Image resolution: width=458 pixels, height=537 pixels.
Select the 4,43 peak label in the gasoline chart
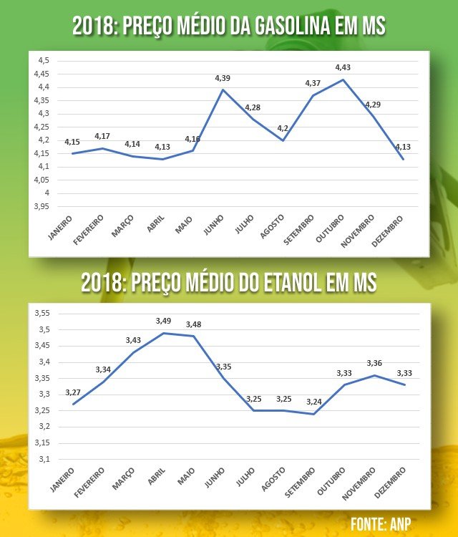344,67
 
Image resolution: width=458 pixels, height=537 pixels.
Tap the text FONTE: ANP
381,523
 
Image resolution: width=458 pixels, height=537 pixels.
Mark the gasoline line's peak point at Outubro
343,79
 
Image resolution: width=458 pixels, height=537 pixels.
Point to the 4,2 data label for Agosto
283,127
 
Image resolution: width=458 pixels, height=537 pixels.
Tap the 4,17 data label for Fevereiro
103,136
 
